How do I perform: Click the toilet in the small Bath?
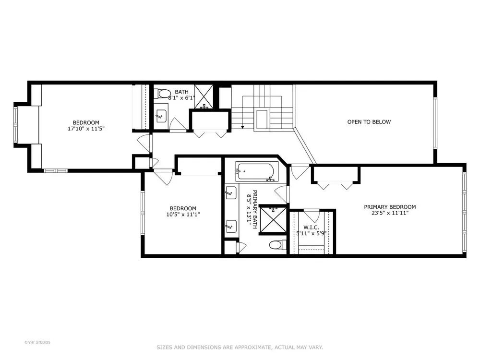(x=162, y=94)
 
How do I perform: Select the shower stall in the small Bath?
(x=203, y=96)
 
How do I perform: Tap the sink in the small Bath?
(x=160, y=116)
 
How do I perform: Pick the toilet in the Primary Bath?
(x=277, y=245)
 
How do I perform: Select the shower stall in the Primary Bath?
(x=273, y=220)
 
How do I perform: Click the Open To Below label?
(x=369, y=122)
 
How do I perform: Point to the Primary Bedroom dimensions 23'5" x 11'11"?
(x=390, y=213)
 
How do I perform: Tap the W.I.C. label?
(x=311, y=228)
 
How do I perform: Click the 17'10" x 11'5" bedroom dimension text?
(x=86, y=129)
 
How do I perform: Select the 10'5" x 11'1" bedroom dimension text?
(x=183, y=215)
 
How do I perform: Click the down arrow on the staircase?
(x=243, y=127)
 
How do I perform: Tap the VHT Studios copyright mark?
(x=37, y=342)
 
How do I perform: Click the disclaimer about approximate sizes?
(x=240, y=347)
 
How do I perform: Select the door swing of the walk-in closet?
(x=312, y=216)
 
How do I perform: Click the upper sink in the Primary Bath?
(x=230, y=193)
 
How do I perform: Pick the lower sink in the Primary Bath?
(x=230, y=227)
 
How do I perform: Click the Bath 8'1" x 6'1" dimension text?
(x=181, y=98)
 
